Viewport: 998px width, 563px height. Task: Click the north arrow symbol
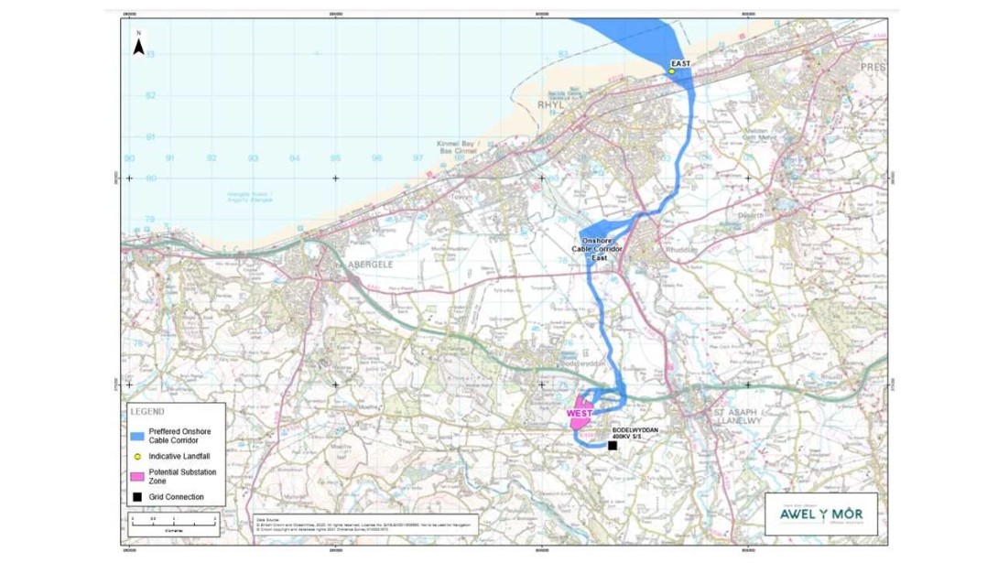[x=138, y=44]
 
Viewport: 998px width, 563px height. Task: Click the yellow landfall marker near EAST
[x=672, y=71]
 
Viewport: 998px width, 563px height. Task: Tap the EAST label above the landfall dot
[x=679, y=63]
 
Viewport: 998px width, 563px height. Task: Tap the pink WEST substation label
[x=579, y=414]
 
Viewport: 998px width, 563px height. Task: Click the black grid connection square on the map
[x=612, y=446]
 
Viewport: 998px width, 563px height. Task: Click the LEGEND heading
[x=146, y=411]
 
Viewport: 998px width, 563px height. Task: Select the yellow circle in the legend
[x=136, y=456]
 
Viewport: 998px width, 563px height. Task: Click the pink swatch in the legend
[x=136, y=476]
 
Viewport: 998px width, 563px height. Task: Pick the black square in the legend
[x=136, y=497]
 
